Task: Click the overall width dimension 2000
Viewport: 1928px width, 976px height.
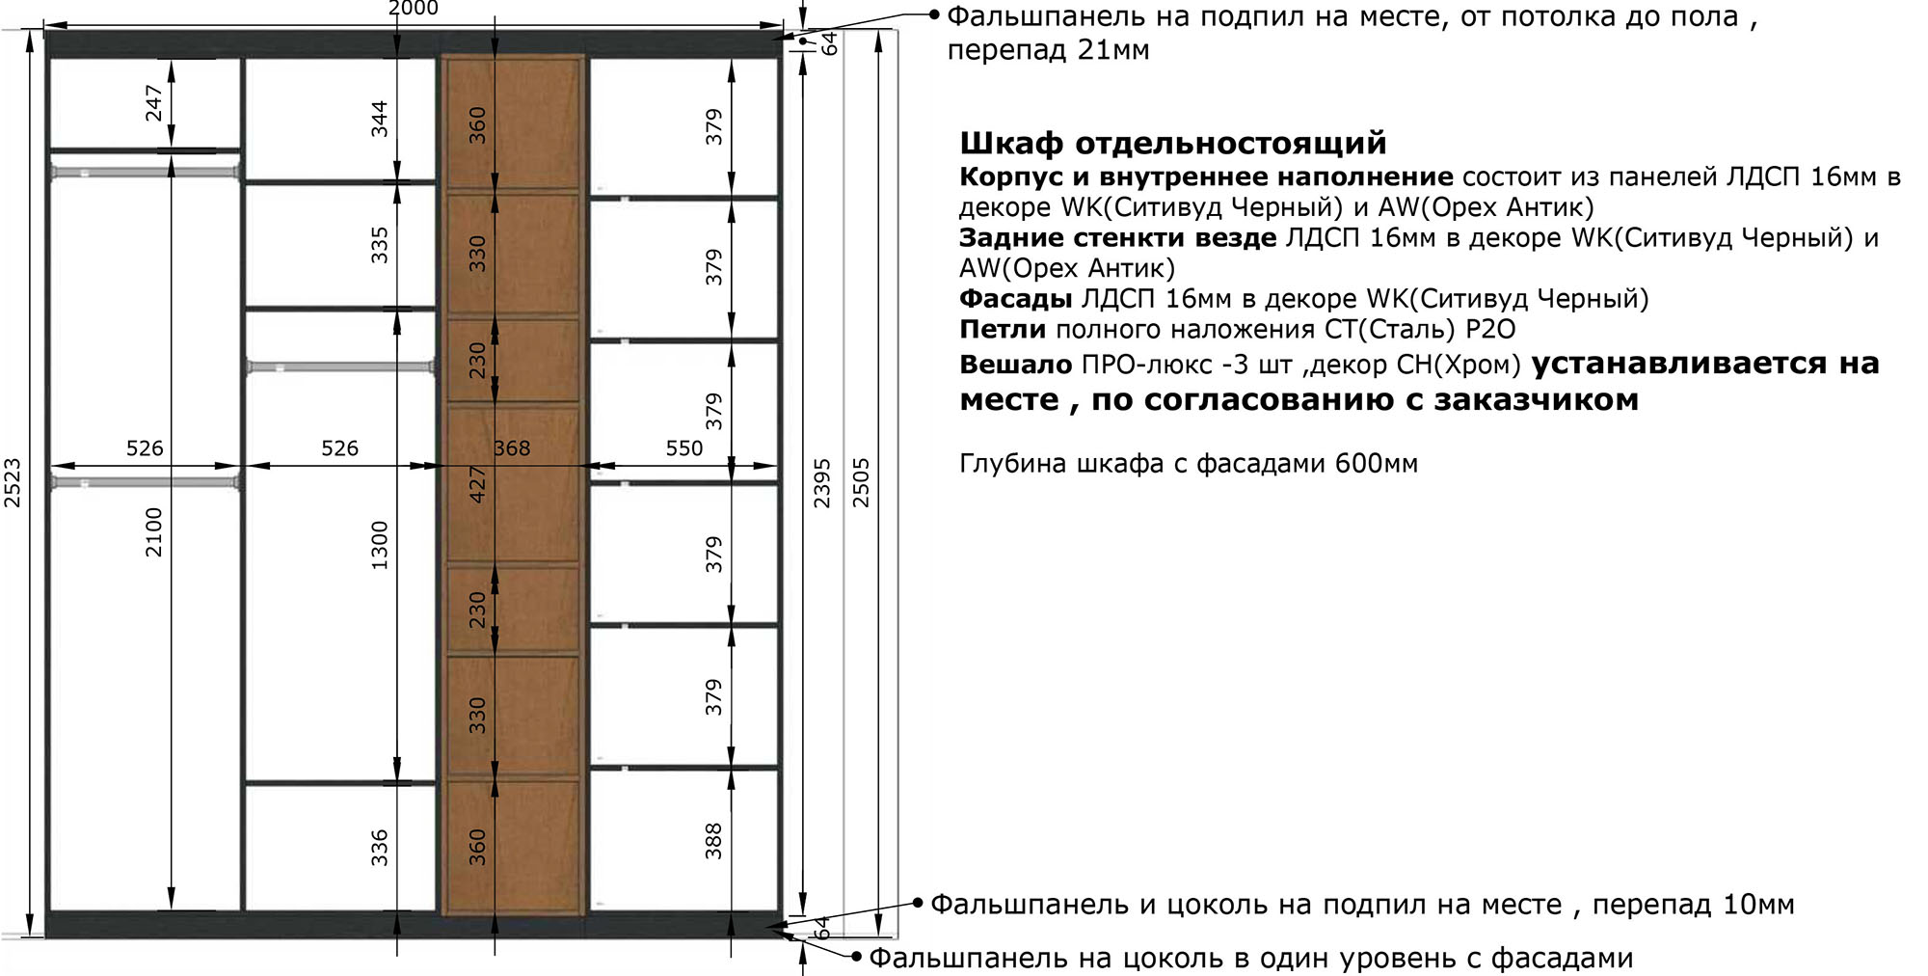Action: click(413, 9)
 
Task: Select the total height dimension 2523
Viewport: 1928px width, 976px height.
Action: click(13, 482)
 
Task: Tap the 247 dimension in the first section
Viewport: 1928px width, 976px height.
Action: click(154, 103)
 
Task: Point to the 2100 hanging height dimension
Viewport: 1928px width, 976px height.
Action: click(154, 531)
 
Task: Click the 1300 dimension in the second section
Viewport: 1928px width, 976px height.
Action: click(380, 545)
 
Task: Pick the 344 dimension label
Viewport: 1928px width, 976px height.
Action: click(380, 118)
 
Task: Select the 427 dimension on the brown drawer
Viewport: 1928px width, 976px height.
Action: click(477, 484)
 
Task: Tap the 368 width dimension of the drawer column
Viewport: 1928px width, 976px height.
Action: click(512, 447)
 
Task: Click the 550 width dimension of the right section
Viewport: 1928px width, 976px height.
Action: click(684, 447)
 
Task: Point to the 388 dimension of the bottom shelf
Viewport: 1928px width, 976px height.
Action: click(713, 840)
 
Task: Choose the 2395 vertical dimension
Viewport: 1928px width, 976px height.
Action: click(822, 482)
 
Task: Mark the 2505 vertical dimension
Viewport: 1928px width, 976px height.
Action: click(862, 482)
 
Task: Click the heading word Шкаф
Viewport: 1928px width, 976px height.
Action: click(1012, 144)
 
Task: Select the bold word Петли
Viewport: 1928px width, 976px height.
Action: click(1003, 330)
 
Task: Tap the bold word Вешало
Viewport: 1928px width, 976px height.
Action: click(1016, 365)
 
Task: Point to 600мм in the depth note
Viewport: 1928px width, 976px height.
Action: click(1377, 464)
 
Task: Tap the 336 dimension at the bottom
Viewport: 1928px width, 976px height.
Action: click(380, 847)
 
